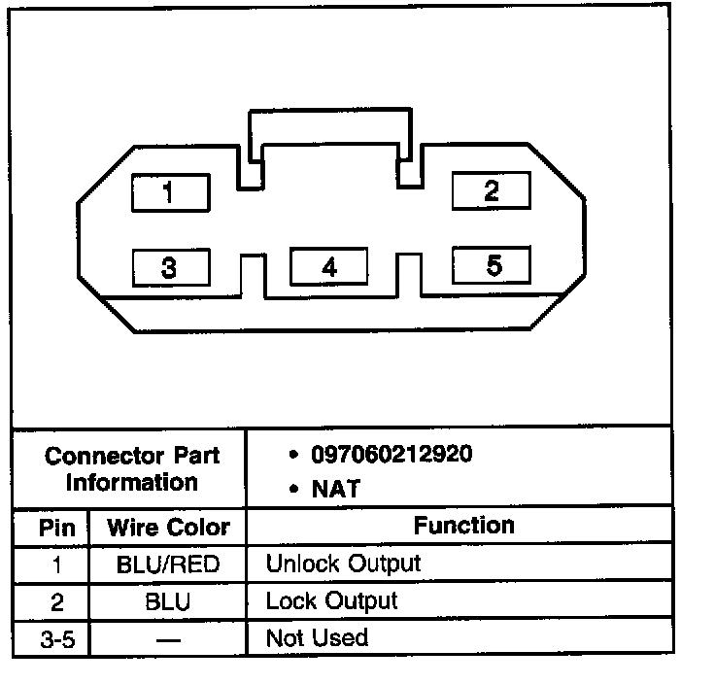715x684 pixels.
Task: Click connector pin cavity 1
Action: (x=169, y=193)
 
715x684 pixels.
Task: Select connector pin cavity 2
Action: (x=492, y=189)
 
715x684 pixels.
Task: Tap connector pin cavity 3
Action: (x=169, y=267)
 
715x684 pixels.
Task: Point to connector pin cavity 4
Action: (x=329, y=267)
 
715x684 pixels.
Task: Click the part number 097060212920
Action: (x=392, y=454)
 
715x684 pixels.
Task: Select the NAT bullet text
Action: (x=334, y=489)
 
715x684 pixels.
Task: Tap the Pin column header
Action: (x=55, y=529)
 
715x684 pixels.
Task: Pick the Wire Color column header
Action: (x=168, y=529)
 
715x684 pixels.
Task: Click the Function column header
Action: (x=463, y=527)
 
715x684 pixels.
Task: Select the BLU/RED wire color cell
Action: (x=168, y=564)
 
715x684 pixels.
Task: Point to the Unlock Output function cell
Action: (x=343, y=564)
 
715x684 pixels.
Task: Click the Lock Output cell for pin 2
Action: (x=331, y=601)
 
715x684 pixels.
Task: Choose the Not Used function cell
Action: (x=317, y=638)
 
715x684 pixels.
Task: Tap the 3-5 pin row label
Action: (x=55, y=638)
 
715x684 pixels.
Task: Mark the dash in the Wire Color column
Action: (x=167, y=639)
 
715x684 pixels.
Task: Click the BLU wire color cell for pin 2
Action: (x=167, y=602)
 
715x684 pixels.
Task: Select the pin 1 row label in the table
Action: (x=56, y=564)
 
